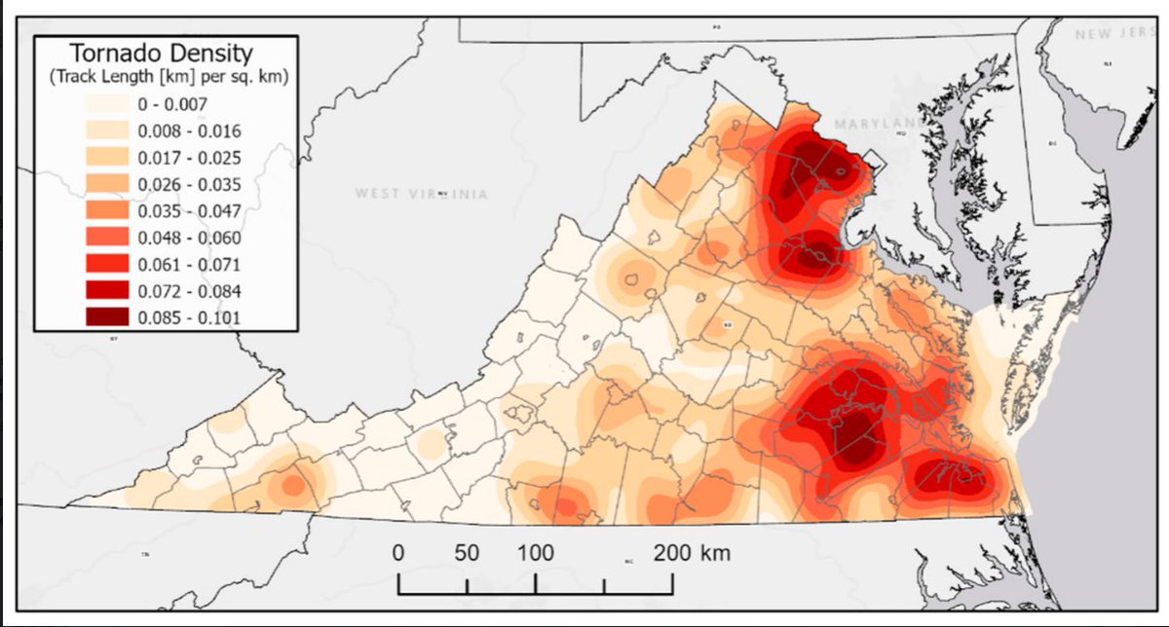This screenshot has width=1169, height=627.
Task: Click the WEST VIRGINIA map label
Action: point(421,194)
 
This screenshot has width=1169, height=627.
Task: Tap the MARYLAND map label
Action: point(878,124)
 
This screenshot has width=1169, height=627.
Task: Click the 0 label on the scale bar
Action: point(397,553)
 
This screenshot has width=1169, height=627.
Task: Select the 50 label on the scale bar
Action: point(467,553)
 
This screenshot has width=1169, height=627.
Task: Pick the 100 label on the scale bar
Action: point(535,553)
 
